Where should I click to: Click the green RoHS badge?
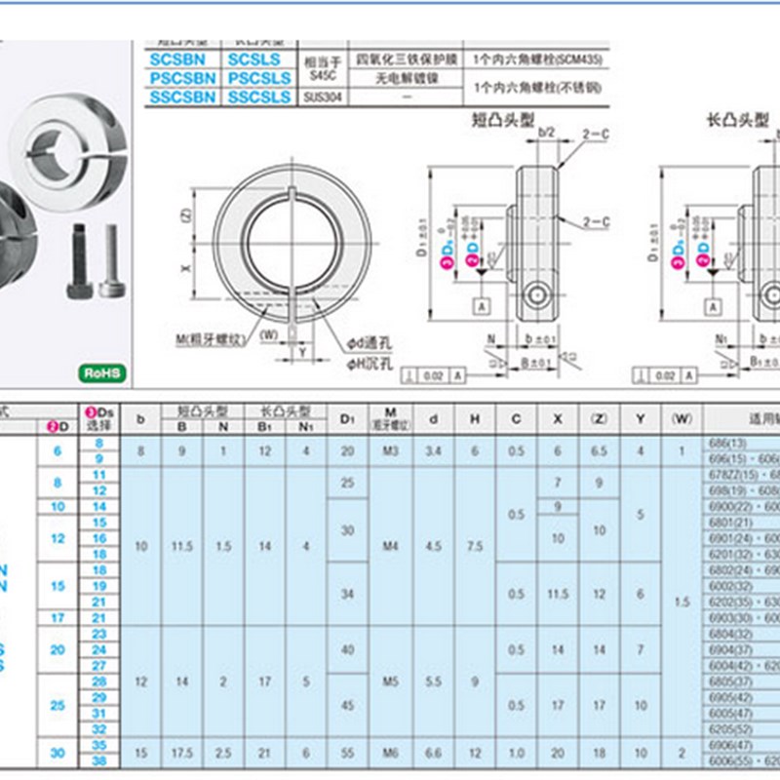102,371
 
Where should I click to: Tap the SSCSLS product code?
258,97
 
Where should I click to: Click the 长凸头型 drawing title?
737,122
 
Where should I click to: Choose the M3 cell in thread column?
391,450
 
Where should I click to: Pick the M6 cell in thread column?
391,753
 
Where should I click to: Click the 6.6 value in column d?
434,753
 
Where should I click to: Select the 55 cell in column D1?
347,753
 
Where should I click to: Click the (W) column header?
681,418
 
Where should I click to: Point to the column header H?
475,418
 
